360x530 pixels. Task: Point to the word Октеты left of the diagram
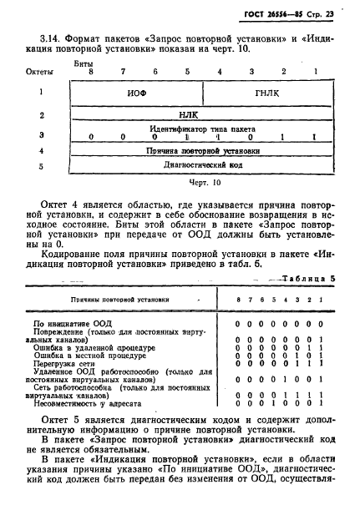click(40, 73)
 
